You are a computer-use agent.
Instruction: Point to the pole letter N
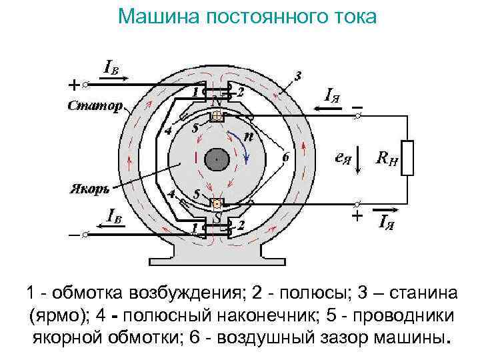[x=215, y=102]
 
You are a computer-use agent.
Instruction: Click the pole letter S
[x=217, y=217]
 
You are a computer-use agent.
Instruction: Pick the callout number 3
[x=297, y=75]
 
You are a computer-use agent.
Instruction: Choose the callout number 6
[x=285, y=158]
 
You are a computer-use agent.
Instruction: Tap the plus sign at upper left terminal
[x=74, y=85]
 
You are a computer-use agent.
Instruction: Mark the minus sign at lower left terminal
[x=73, y=235]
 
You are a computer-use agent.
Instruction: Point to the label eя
[x=343, y=159]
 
